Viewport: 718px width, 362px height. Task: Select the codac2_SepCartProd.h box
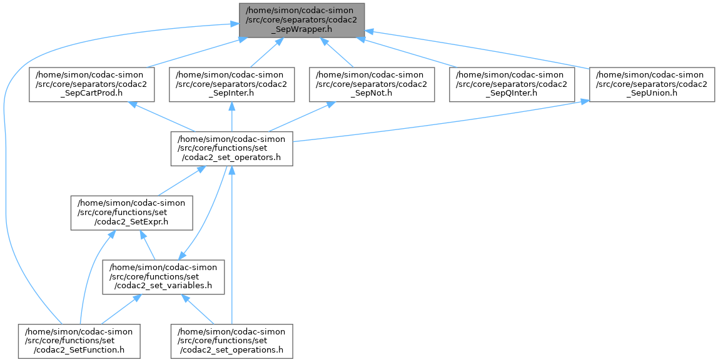point(92,84)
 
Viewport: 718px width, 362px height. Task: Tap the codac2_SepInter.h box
point(232,84)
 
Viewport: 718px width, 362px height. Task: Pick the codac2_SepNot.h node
point(372,84)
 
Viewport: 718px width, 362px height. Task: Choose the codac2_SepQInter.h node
point(512,84)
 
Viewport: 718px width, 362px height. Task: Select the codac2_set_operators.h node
point(232,148)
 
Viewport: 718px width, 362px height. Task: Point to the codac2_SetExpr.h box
point(131,213)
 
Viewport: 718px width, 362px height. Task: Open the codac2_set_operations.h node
point(232,341)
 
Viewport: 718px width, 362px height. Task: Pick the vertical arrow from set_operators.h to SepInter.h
point(232,117)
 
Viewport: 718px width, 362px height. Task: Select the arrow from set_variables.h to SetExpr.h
point(148,245)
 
